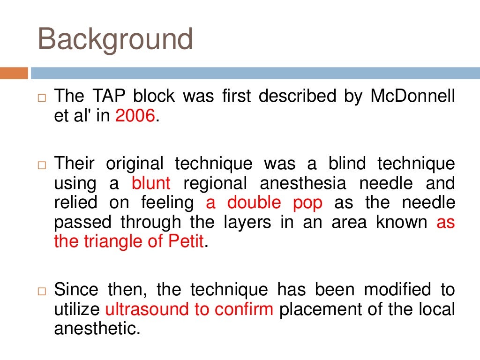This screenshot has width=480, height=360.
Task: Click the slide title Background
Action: [115, 40]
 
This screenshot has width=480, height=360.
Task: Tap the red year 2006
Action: [135, 116]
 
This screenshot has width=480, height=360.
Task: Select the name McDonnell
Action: [412, 96]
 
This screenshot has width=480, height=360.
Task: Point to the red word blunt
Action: [151, 183]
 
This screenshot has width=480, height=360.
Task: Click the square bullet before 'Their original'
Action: [42, 166]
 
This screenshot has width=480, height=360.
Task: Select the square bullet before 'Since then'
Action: [42, 292]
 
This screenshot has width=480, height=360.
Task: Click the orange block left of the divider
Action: [14, 73]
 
